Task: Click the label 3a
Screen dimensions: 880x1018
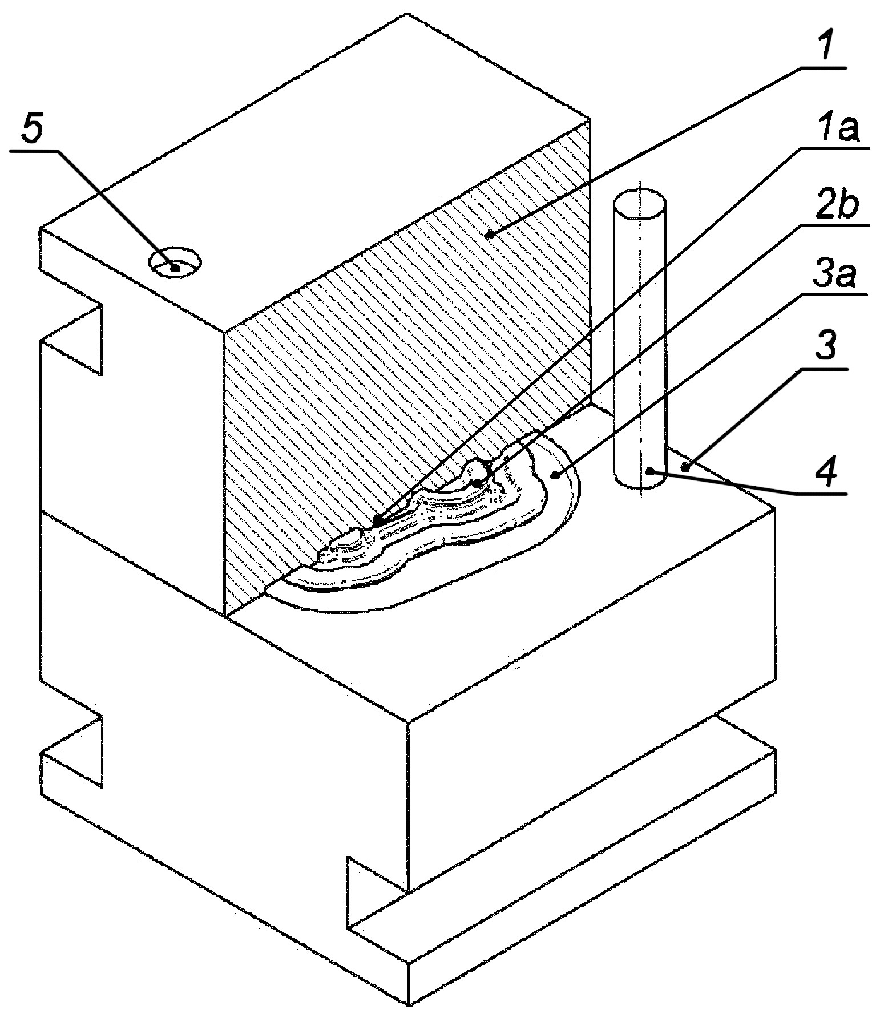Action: point(834,277)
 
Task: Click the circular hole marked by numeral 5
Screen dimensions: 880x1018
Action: point(175,262)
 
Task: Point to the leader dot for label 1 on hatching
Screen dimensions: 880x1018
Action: point(490,233)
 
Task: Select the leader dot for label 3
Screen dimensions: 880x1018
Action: point(685,468)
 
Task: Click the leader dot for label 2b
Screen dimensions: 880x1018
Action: point(477,483)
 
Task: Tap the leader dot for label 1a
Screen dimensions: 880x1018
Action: point(377,519)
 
